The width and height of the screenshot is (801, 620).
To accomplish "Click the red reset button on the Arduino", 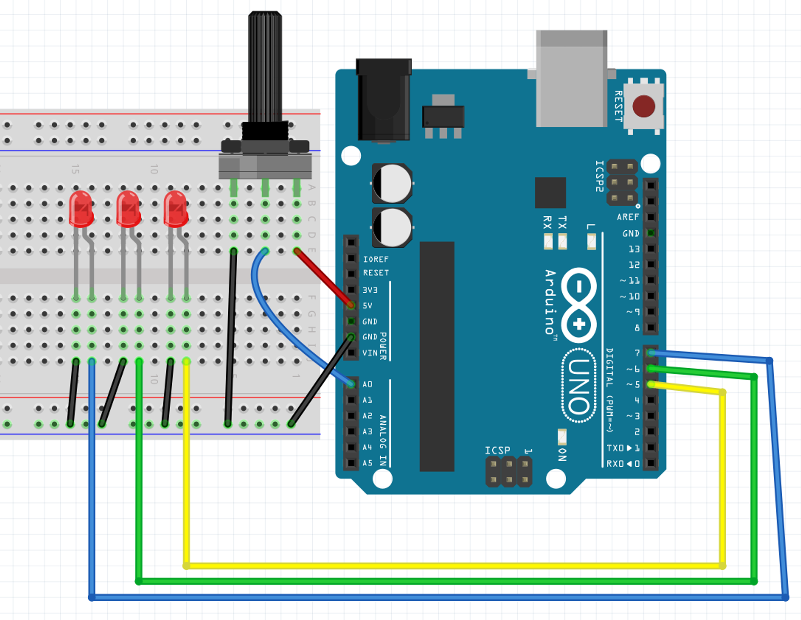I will click(x=644, y=106).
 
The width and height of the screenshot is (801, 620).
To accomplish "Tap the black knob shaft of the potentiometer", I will click(x=265, y=66).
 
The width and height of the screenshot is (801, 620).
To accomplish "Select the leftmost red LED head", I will click(x=81, y=209).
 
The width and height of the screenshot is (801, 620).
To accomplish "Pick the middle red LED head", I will click(x=128, y=209).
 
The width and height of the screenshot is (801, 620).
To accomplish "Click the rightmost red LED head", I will click(x=175, y=209).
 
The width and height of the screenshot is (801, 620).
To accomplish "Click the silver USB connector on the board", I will click(x=572, y=79).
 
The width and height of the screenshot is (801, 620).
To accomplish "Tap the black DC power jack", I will click(x=384, y=100).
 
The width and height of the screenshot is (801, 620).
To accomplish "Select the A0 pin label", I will click(x=367, y=384).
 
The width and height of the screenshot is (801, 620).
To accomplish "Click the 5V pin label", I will click(x=367, y=306).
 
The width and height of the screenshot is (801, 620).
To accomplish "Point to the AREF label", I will click(x=628, y=217).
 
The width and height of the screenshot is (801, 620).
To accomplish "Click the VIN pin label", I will click(x=370, y=353).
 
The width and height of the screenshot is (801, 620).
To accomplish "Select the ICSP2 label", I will click(x=599, y=176).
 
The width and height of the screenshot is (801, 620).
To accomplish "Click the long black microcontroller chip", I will click(x=437, y=356).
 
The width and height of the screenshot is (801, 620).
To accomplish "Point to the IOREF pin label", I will click(x=375, y=259).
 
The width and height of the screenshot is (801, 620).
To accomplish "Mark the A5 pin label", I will click(x=367, y=463).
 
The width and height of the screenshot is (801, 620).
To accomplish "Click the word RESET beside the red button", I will click(x=618, y=106).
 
